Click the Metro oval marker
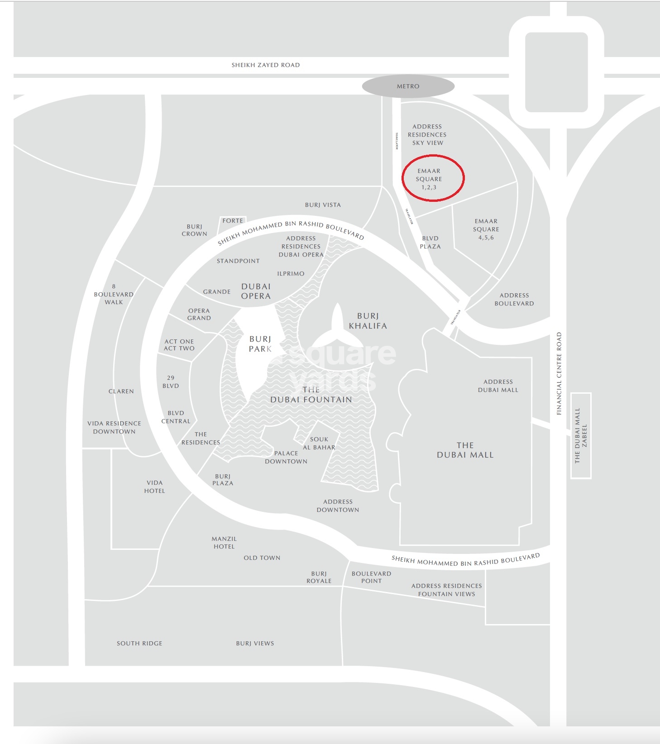pos(408,86)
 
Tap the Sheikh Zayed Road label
pos(266,65)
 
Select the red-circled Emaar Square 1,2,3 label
pos(429,179)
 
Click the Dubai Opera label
pos(256,291)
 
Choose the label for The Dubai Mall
pos(465,450)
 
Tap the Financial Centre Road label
pos(559,373)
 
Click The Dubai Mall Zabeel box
pos(581,435)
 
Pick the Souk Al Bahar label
pos(319,444)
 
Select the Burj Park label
pos(260,344)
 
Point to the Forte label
pos(233,221)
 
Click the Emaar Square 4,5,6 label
pos(486,229)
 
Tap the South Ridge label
pos(139,644)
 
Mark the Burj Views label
pos(255,644)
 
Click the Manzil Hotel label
pos(224,543)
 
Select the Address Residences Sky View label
pos(427,135)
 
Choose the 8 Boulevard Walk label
pos(114,294)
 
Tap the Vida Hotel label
pos(154,487)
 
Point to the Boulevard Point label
pos(371,577)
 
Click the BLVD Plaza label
pos(430,243)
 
